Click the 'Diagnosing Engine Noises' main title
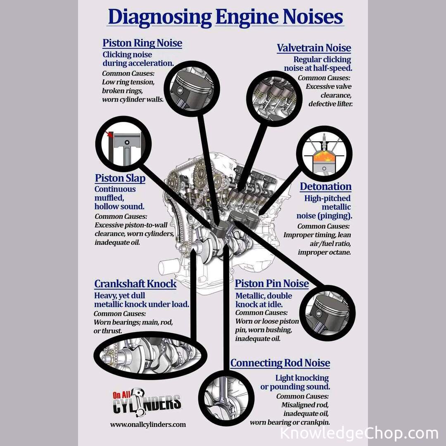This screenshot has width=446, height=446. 225,17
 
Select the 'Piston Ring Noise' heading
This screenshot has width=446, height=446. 142,43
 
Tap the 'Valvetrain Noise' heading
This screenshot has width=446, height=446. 314,48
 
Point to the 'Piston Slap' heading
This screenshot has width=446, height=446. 120,178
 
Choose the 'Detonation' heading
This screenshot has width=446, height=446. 325,187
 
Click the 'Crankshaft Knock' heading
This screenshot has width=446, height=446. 135,284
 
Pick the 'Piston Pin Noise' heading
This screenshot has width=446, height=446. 272,284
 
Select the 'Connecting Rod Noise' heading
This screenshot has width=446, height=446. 280,363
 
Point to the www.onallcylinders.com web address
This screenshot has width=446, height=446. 147,424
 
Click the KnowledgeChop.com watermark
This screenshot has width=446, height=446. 358,433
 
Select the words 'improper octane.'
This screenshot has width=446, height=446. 324,252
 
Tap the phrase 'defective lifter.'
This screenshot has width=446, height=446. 330,104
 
